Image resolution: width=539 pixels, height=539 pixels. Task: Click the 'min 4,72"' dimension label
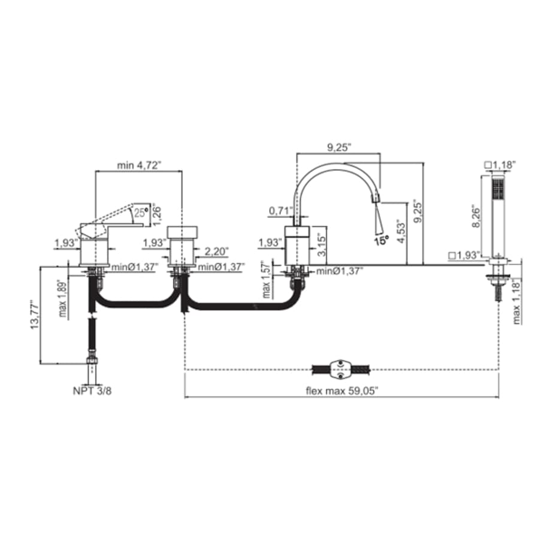[x=140, y=165]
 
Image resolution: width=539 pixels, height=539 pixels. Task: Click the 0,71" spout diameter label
[x=280, y=211]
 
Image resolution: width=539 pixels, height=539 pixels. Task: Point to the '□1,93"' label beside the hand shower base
[x=464, y=256]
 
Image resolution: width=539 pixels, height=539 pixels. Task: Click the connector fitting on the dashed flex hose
[x=341, y=370]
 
